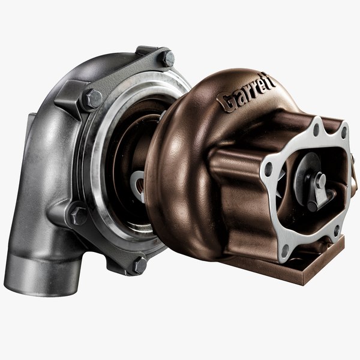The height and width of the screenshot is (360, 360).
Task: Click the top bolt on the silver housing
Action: point(168,59)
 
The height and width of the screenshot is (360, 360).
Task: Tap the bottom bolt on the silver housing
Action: point(139,263)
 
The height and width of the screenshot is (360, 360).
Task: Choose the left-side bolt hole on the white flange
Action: point(268,170)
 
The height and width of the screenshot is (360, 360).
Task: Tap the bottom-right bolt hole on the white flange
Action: point(337,229)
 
